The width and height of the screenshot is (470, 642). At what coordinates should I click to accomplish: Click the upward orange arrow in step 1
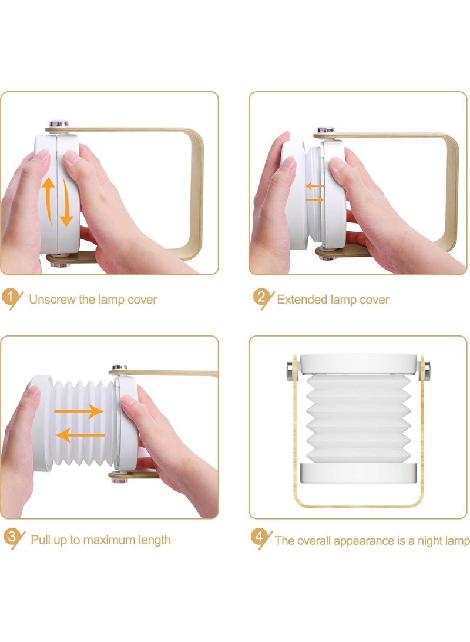[x=49, y=200]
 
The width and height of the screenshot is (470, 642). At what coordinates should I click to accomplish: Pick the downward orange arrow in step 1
[x=66, y=202]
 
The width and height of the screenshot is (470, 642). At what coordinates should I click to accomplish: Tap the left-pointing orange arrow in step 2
[x=315, y=187]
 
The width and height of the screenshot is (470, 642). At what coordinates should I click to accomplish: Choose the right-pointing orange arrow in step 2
[x=315, y=200]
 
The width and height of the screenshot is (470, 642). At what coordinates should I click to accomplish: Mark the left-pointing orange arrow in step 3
[x=80, y=435]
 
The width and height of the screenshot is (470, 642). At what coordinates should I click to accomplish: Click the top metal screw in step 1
[x=59, y=123]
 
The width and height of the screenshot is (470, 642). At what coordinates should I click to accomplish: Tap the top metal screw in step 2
[x=325, y=130]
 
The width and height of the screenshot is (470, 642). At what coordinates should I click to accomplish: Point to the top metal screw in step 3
[x=119, y=368]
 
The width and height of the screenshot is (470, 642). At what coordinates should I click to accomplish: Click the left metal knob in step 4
[x=290, y=371]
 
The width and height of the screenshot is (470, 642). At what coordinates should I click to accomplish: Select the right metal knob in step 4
[x=427, y=371]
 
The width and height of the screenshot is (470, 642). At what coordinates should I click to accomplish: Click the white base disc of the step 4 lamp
[x=358, y=473]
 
